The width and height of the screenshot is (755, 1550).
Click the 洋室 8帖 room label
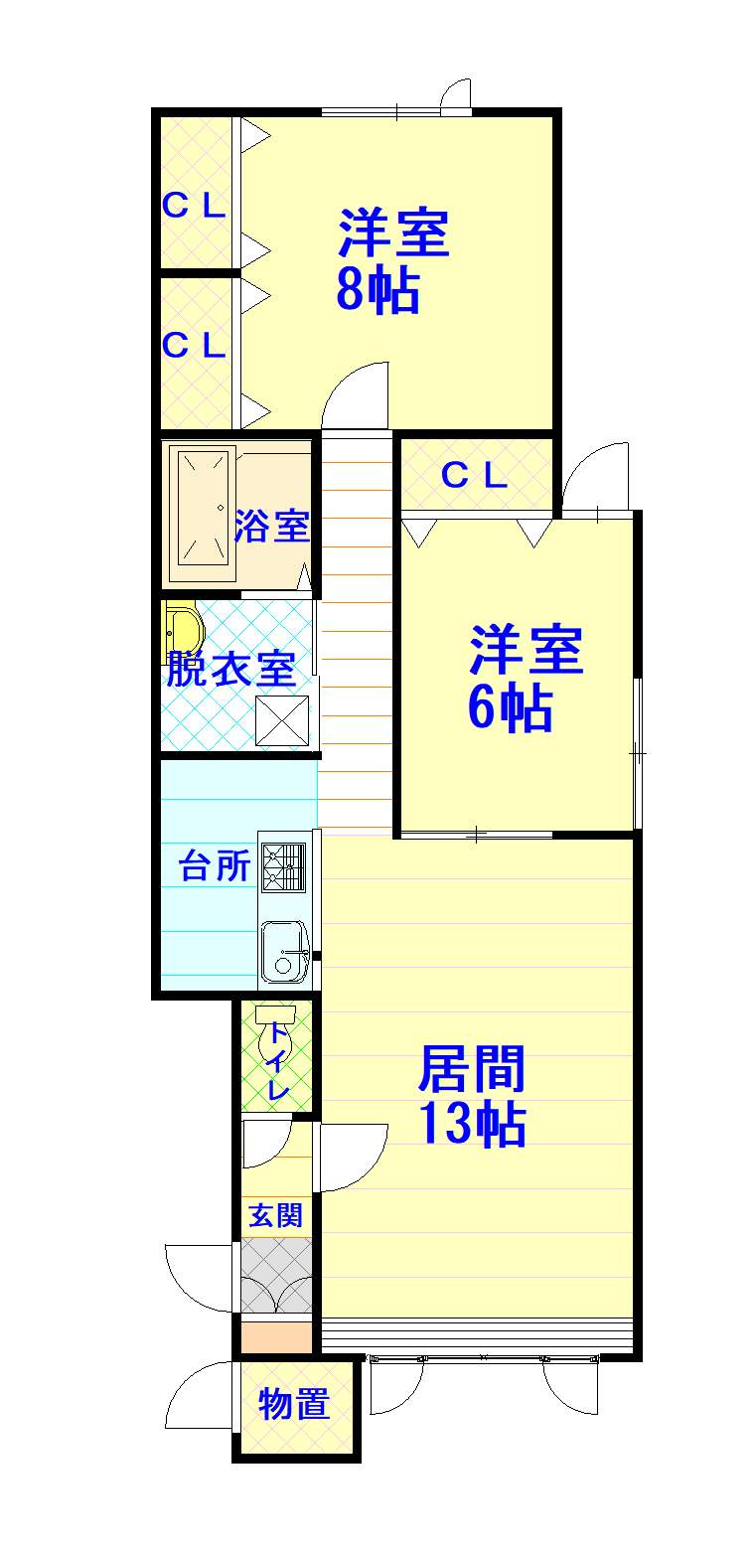393,261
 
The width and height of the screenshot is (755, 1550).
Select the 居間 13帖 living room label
473,1096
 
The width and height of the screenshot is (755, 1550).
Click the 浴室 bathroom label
271,526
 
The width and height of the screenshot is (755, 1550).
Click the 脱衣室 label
231,669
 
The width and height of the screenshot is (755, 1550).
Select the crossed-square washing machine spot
282,720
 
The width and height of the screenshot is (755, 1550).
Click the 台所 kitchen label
214,865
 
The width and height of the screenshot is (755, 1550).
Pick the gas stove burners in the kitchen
284,867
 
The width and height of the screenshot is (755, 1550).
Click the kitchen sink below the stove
284,952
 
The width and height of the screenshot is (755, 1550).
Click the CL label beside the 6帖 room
475,475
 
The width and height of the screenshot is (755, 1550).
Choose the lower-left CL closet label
194,346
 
